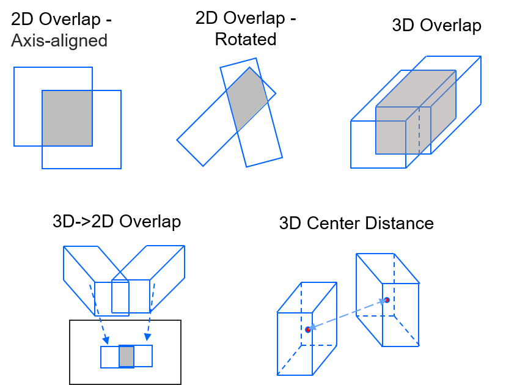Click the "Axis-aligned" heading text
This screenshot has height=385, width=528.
click(x=59, y=41)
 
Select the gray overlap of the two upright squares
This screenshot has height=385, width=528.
click(x=67, y=118)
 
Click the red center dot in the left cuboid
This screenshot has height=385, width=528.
click(x=308, y=329)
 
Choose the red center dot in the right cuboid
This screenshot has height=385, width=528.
click(x=386, y=300)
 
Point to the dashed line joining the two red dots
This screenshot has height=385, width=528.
click(x=347, y=315)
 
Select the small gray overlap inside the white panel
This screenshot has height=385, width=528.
click(x=127, y=356)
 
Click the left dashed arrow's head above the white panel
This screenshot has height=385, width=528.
click(x=106, y=340)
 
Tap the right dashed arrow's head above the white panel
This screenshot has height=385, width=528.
click(x=147, y=336)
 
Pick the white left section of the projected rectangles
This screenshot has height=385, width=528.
click(x=110, y=357)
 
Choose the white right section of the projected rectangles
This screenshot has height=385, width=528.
click(x=143, y=356)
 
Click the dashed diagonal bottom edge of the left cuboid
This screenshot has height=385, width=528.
click(x=289, y=360)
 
